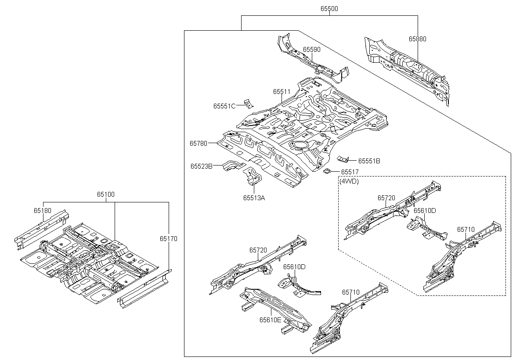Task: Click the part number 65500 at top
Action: point(329,9)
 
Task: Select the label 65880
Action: point(417,39)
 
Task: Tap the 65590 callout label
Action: point(311,50)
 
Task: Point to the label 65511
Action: point(282,92)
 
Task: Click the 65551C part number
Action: point(224,106)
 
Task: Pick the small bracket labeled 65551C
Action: point(248,104)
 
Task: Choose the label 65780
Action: point(199,144)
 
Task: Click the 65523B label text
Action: point(202,166)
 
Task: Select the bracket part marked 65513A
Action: point(253,176)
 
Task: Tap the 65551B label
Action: point(369,161)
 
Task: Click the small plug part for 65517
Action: point(327,171)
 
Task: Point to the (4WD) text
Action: point(349,181)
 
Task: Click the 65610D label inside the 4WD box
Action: point(425,211)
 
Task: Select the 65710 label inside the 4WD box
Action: point(466,230)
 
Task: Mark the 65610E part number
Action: point(271,320)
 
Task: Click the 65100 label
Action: point(106,194)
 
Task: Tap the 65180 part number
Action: point(42,211)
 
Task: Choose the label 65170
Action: point(169,239)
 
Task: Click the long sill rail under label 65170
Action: point(144,289)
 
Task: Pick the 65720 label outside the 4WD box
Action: point(258,250)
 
